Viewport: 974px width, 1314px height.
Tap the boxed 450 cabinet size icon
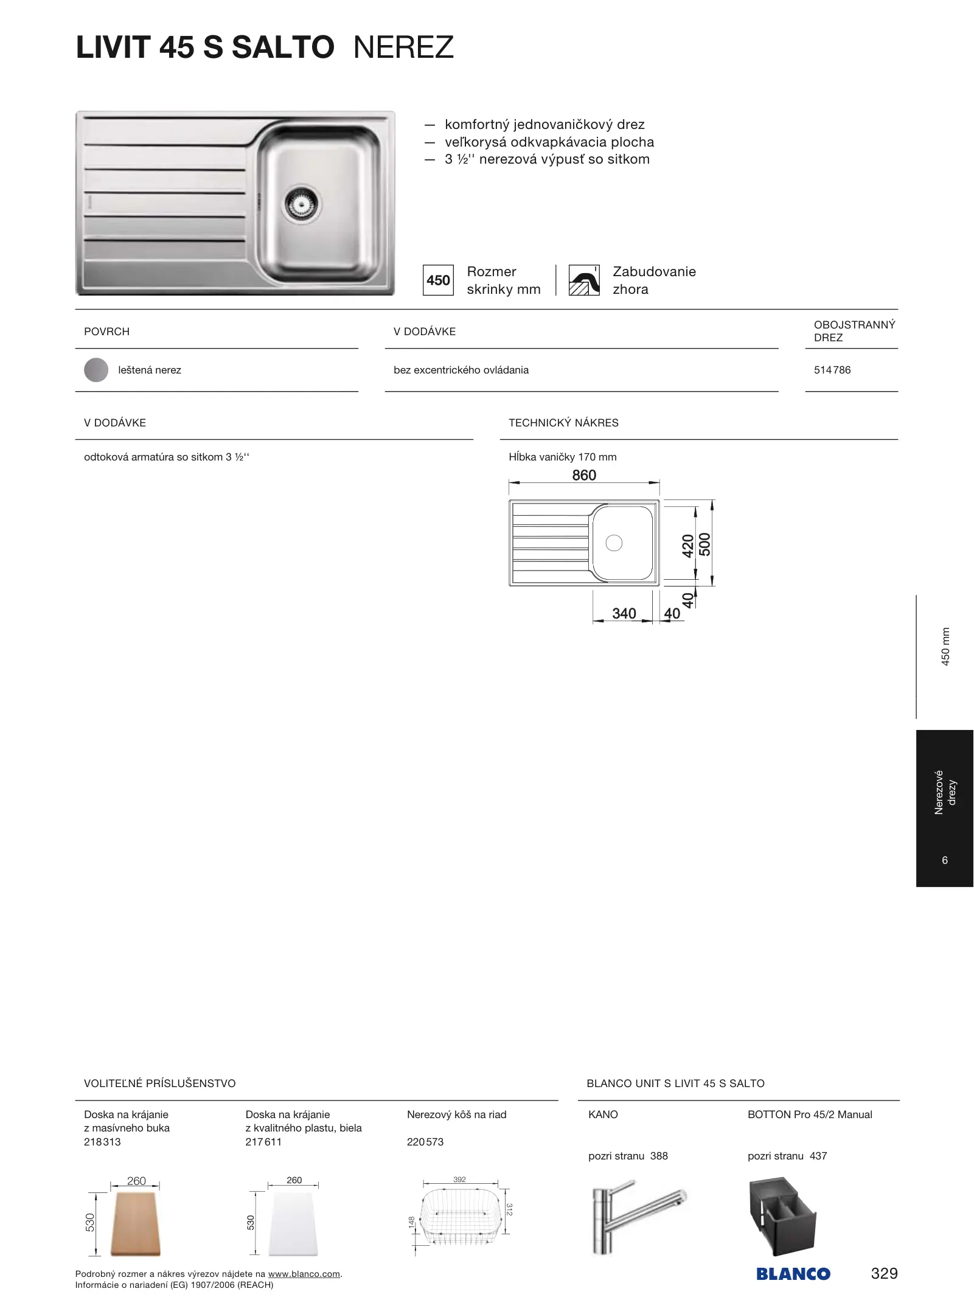438,280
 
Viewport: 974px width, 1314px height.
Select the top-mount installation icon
584,280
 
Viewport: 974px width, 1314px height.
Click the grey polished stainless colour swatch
96,370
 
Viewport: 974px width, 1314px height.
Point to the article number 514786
832,370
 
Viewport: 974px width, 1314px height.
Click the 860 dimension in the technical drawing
584,475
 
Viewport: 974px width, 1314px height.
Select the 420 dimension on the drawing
688,546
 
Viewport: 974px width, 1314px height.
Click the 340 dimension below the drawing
624,613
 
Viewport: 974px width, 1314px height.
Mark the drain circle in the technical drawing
614,543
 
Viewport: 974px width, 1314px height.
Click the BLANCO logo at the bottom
793,1274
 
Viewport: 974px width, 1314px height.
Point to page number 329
884,1273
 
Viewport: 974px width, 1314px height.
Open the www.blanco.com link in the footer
304,1274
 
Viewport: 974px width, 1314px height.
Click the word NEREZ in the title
403,47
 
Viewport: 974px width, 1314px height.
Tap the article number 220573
425,1142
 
